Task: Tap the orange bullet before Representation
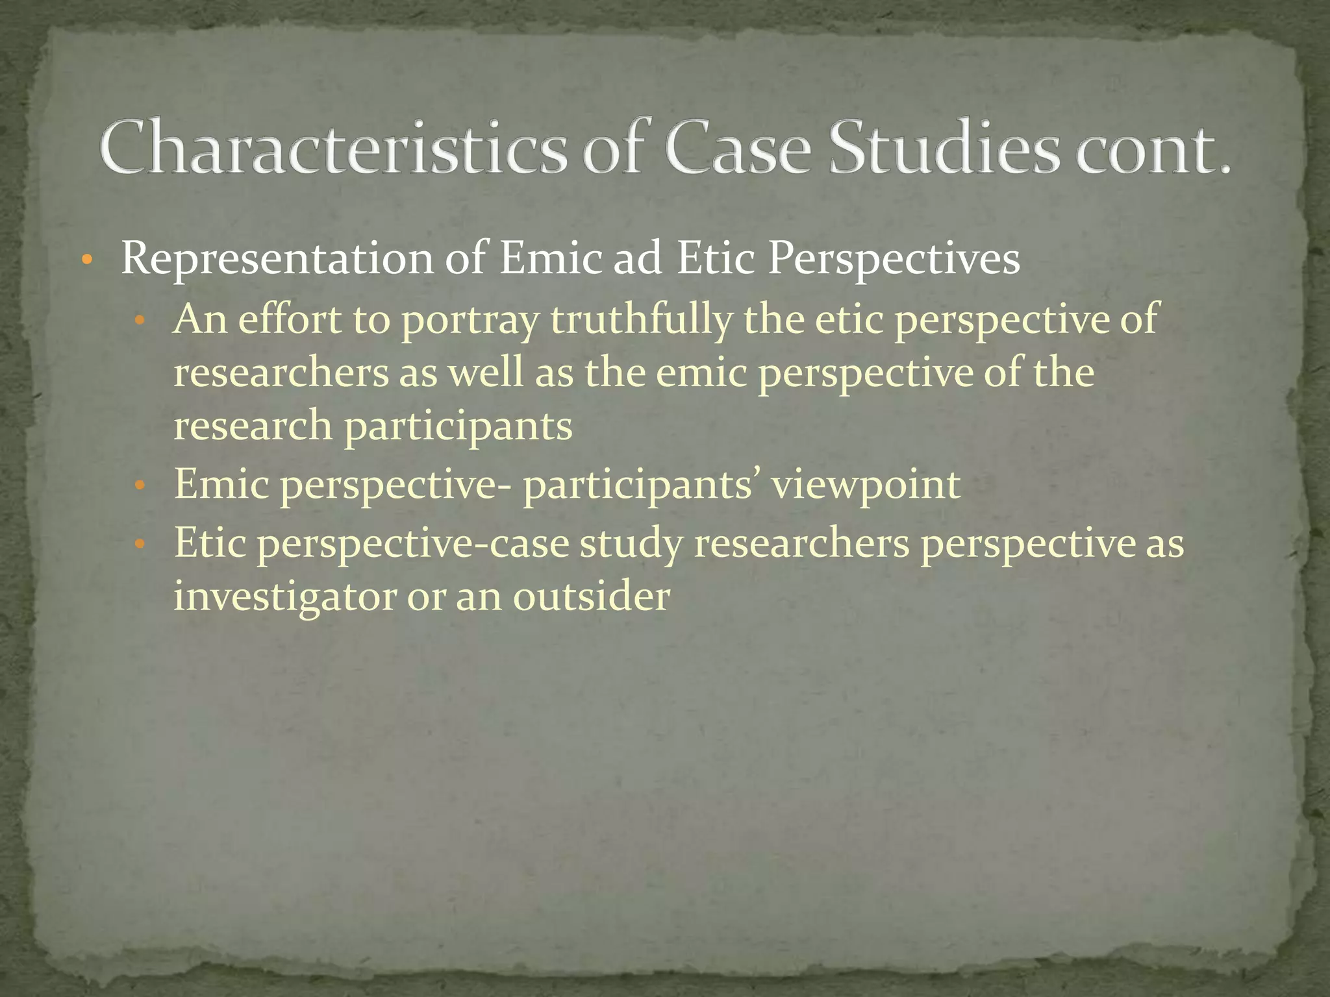(x=87, y=261)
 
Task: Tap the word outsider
(x=591, y=597)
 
